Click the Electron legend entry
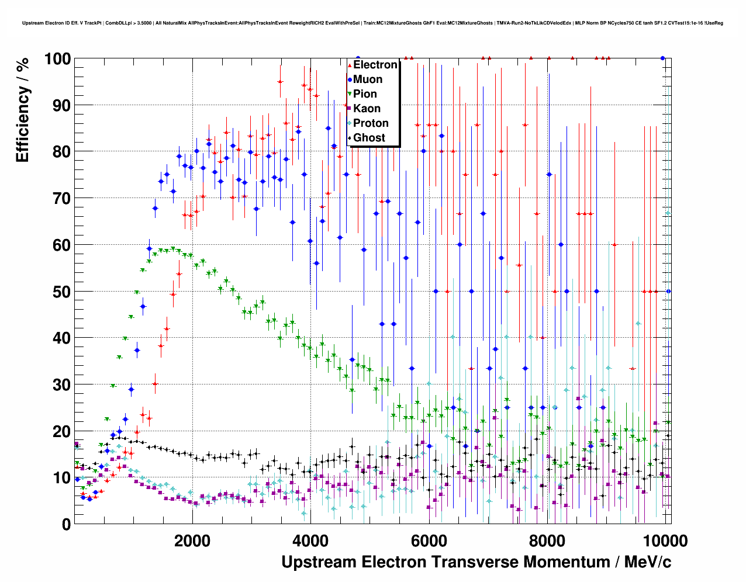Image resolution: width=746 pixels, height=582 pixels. click(375, 65)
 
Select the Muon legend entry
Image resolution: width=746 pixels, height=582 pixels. click(368, 79)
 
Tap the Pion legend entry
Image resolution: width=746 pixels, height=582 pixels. click(365, 94)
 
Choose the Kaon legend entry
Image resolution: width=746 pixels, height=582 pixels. click(367, 109)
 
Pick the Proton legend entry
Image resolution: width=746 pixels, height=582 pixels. click(371, 123)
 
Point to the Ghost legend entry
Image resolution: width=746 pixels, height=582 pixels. click(369, 138)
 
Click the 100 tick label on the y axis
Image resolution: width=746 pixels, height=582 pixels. click(57, 59)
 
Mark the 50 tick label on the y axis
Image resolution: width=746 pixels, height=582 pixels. click(61, 292)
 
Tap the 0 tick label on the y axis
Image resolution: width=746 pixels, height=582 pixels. click(66, 524)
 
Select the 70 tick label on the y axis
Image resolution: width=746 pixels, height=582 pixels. click(61, 199)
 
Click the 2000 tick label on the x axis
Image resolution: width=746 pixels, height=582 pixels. click(192, 541)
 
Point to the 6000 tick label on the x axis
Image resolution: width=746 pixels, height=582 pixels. click(429, 541)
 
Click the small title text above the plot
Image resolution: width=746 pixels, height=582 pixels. click(372, 23)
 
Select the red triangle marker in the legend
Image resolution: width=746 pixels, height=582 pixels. click(350, 65)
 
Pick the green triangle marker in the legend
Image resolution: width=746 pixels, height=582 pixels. click(350, 94)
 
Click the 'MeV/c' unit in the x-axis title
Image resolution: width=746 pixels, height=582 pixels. click(648, 562)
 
